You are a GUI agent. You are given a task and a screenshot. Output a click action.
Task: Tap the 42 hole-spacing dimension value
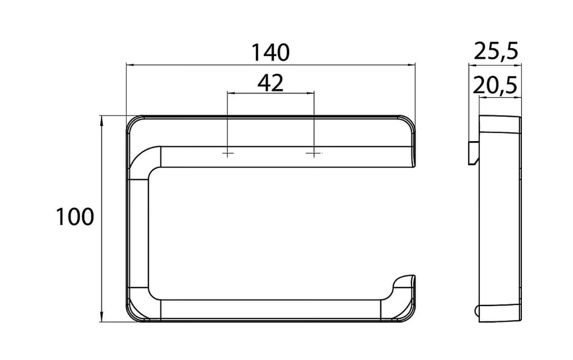(x=270, y=82)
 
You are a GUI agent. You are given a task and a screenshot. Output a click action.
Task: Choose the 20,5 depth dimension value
(x=496, y=86)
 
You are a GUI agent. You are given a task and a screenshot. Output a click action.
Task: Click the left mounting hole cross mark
(x=228, y=153)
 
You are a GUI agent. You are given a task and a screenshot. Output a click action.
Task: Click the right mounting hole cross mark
(x=314, y=153)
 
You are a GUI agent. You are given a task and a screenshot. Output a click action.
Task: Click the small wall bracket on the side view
(x=473, y=152)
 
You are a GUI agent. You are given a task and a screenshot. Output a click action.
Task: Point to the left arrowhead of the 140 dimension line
(x=128, y=65)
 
